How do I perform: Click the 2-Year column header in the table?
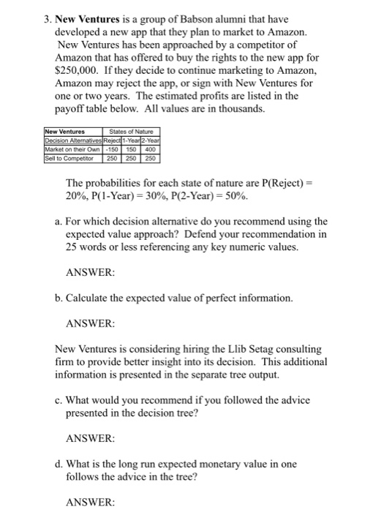152,140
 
